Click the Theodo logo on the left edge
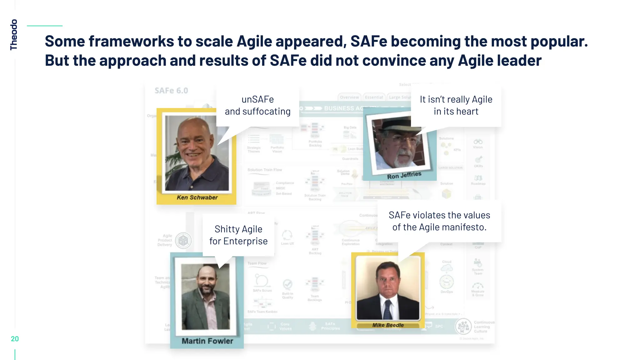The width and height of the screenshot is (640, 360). (x=13, y=34)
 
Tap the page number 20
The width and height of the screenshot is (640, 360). (x=15, y=339)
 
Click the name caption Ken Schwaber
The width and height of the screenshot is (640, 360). (x=197, y=197)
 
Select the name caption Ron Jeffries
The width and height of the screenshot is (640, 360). (x=404, y=175)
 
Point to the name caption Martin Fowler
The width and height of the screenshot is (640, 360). (x=207, y=341)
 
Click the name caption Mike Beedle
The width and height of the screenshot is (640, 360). (x=388, y=325)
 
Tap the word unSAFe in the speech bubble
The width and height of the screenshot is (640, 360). (x=257, y=99)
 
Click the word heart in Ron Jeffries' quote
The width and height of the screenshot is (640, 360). (x=467, y=112)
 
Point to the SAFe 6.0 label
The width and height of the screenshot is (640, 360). (x=171, y=91)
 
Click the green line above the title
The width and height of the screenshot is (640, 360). (x=45, y=26)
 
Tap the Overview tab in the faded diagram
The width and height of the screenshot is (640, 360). (x=349, y=97)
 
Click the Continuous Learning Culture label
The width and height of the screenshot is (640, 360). (x=484, y=327)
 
